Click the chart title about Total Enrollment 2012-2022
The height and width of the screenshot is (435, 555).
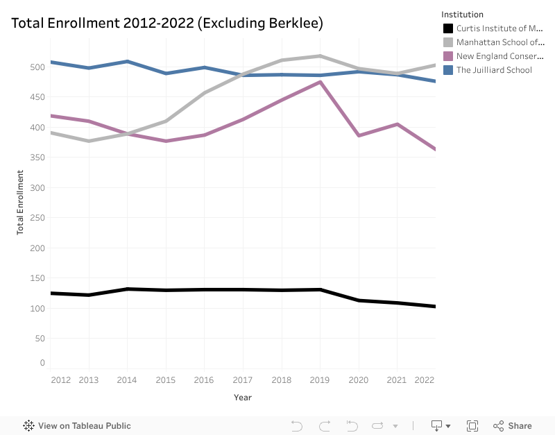[167, 23]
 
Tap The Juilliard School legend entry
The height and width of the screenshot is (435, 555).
[494, 70]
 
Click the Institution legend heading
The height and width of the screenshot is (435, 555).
[463, 15]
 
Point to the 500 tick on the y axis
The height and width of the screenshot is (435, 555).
[37, 67]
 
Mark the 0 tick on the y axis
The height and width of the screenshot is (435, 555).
[42, 363]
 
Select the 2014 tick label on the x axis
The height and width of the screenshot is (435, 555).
[127, 380]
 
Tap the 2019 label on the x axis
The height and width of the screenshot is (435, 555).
[320, 380]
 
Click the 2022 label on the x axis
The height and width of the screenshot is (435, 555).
[424, 380]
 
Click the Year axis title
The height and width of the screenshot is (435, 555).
[243, 398]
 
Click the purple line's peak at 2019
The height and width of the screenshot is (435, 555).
[320, 82]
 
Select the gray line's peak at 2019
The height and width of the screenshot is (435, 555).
[320, 56]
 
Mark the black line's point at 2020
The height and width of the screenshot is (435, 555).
[359, 300]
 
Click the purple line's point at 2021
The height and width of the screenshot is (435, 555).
[397, 124]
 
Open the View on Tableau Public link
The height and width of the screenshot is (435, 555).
[77, 426]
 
